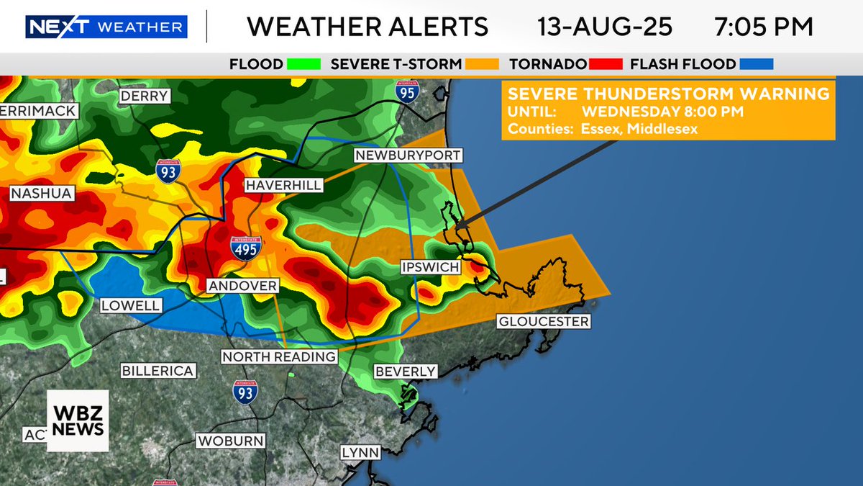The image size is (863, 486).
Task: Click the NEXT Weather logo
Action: pyautogui.click(x=106, y=27)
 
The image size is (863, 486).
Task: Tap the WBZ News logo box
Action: pyautogui.click(x=78, y=420)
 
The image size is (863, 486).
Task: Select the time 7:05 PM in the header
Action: pyautogui.click(x=764, y=27)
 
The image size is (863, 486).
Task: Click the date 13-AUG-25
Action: pyautogui.click(x=605, y=27)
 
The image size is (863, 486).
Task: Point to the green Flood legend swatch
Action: pyautogui.click(x=303, y=64)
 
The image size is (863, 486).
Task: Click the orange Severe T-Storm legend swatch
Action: pyautogui.click(x=483, y=64)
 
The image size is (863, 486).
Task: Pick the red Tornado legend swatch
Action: pyautogui.click(x=605, y=64)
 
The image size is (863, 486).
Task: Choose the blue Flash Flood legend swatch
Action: pyautogui.click(x=756, y=64)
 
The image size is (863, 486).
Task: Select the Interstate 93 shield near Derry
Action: pyautogui.click(x=168, y=171)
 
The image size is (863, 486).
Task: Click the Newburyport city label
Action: pyautogui.click(x=407, y=156)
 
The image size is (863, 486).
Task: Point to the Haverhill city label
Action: pyautogui.click(x=283, y=185)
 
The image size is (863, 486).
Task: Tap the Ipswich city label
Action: pyautogui.click(x=429, y=267)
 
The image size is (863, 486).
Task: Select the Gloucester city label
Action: pyautogui.click(x=544, y=321)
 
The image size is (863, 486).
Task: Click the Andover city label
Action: pyautogui.click(x=242, y=286)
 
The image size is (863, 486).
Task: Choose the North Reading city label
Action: pyautogui.click(x=279, y=356)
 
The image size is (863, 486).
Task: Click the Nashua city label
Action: pyautogui.click(x=41, y=193)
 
